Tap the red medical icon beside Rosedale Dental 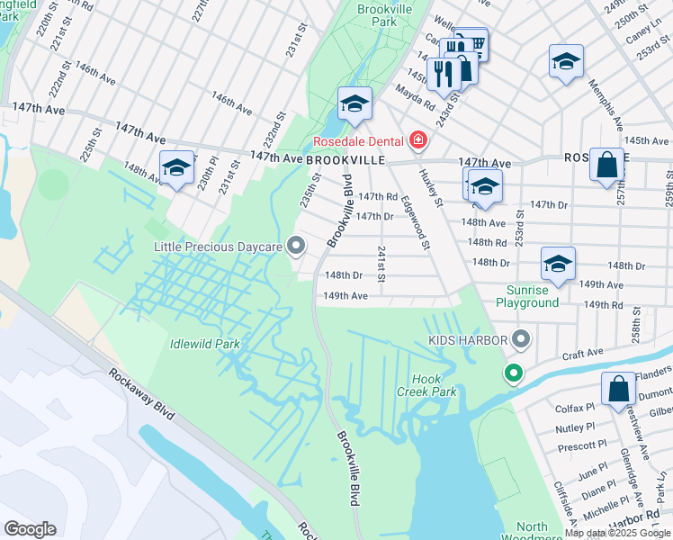417,140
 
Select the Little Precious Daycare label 219,247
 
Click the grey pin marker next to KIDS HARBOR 520,340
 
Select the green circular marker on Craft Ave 513,372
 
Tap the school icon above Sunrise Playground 558,264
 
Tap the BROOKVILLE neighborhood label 345,159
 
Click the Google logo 30,529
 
